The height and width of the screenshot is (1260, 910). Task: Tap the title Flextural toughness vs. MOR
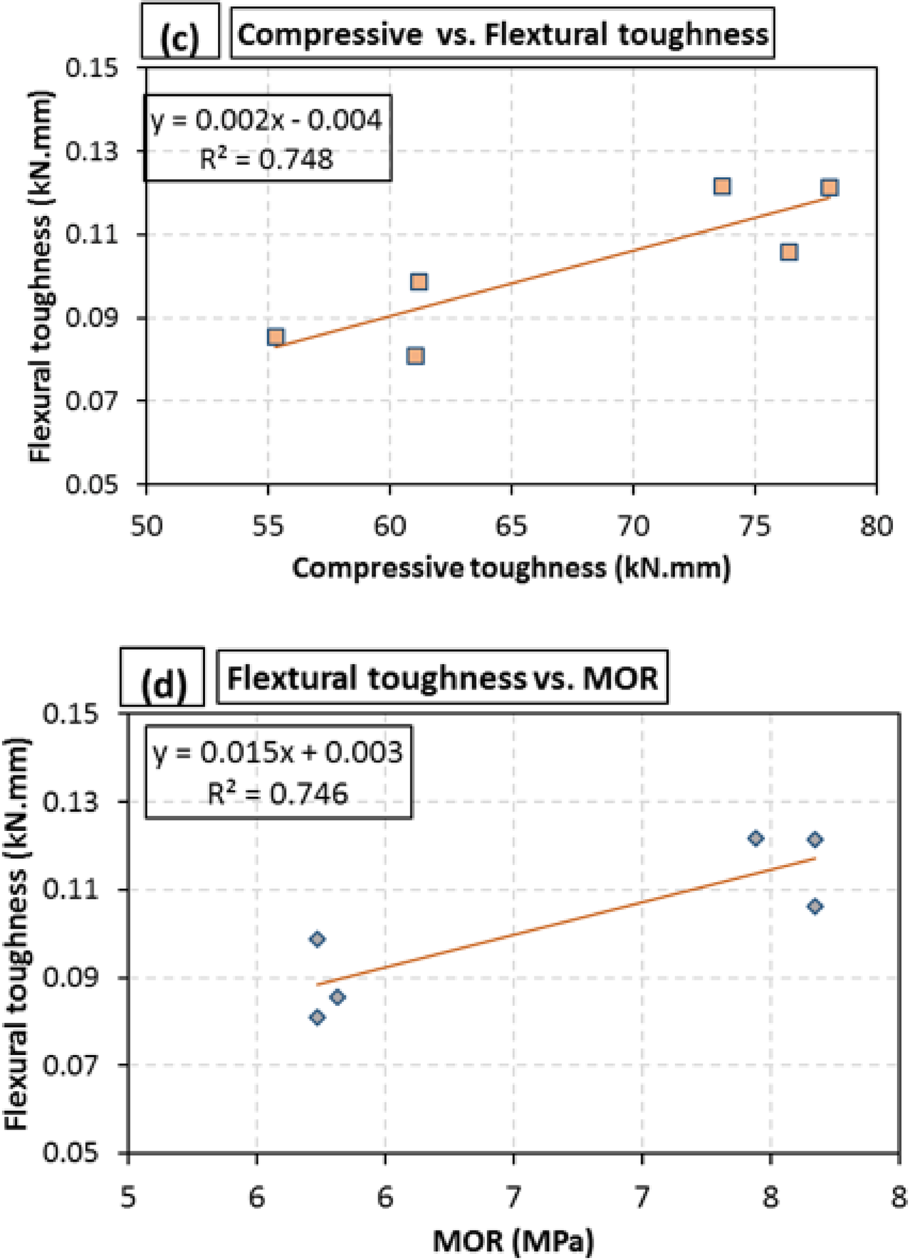coord(442,679)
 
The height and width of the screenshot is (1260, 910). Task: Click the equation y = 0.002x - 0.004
coord(267,120)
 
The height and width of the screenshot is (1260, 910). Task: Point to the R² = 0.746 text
coord(278,794)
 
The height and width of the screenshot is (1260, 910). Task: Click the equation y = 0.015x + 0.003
coord(278,752)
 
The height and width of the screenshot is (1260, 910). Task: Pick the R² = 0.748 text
coord(267,159)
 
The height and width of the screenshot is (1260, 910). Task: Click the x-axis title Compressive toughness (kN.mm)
coord(511,568)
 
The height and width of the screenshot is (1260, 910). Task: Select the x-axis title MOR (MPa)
coord(513,1241)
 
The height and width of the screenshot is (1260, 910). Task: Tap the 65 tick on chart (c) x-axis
coord(511,527)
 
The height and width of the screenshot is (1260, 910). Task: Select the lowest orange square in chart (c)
coord(415,356)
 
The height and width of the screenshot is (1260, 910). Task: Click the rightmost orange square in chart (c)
coord(829,187)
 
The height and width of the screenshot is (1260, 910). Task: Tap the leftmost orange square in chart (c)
coord(275,337)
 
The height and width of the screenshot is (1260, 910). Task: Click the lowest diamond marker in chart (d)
coord(317,1017)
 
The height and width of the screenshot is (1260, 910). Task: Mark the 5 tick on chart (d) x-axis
coord(128,1199)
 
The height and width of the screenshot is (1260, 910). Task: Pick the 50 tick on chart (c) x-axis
coord(146,527)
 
